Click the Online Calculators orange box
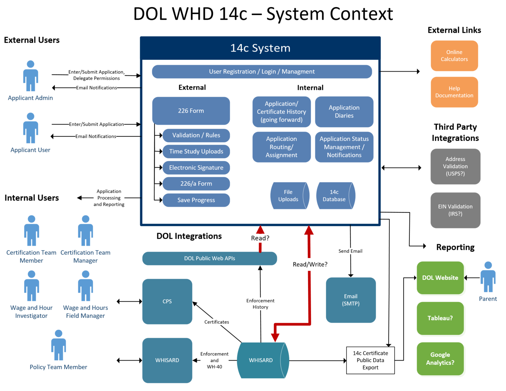tap(454, 56)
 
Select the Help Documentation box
tap(454, 92)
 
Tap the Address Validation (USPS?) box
tap(455, 166)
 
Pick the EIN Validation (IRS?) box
tap(455, 210)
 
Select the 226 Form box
tap(191, 111)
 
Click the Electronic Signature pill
tap(196, 168)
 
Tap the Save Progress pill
tap(196, 200)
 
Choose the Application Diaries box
tap(344, 112)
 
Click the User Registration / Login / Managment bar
tap(262, 71)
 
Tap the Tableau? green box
tap(440, 318)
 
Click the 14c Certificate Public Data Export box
tap(370, 360)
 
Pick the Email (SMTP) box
tap(351, 300)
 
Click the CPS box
tap(167, 302)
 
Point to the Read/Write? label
tap(310, 264)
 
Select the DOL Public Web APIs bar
tap(209, 258)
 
